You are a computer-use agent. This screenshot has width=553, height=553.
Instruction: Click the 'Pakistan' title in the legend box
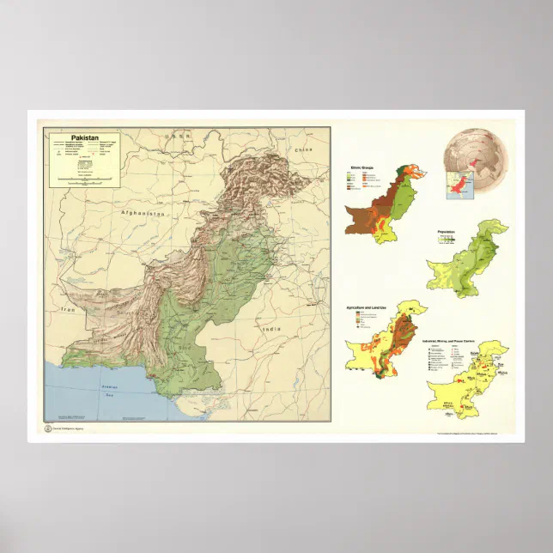[84, 137]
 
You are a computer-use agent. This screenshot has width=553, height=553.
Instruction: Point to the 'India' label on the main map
[271, 329]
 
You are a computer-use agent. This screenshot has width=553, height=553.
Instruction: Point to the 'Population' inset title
[446, 232]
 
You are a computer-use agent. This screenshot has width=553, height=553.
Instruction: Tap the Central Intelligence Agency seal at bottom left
[47, 428]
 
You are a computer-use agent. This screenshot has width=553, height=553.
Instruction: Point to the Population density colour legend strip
[446, 241]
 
